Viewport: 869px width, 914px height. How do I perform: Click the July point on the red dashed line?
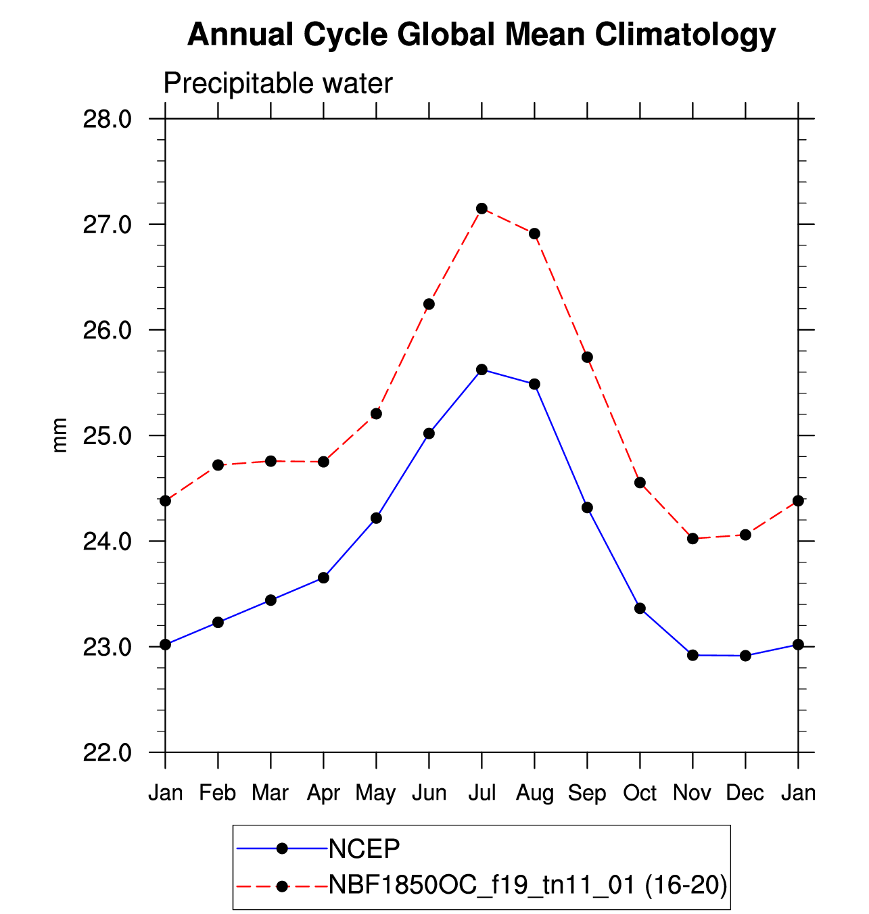click(x=482, y=208)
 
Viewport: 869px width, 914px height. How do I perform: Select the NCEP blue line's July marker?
click(x=482, y=369)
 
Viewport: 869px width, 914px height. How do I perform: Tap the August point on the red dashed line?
click(x=534, y=234)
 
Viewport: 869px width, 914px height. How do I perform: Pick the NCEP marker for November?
click(x=692, y=655)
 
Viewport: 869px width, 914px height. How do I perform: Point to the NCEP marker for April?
click(x=323, y=578)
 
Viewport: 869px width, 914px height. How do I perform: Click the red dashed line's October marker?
click(x=640, y=483)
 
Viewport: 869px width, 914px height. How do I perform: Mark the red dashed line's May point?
click(x=376, y=414)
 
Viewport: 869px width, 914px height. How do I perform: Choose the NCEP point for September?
click(x=587, y=508)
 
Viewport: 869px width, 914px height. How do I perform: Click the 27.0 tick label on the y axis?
click(x=107, y=224)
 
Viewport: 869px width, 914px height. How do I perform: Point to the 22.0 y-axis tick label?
click(x=107, y=752)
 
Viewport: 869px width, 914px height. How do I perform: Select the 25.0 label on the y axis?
click(x=107, y=435)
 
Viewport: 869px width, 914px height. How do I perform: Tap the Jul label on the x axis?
click(x=482, y=792)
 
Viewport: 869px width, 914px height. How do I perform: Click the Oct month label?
click(x=640, y=792)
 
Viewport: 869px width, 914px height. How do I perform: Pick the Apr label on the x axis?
click(x=323, y=792)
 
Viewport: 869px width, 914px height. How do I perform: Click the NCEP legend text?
click(x=364, y=848)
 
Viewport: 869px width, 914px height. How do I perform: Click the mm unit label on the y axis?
click(x=60, y=435)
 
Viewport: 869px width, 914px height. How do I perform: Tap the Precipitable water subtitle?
click(x=278, y=84)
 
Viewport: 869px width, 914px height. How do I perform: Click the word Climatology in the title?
click(x=685, y=34)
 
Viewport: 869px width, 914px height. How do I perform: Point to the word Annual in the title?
click(x=241, y=34)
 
